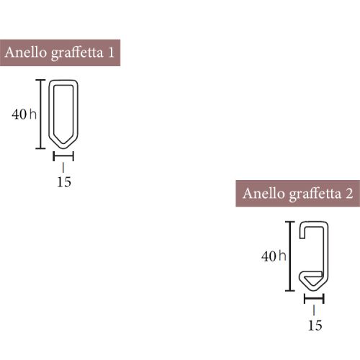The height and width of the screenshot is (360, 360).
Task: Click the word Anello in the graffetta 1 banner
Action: click(x=25, y=53)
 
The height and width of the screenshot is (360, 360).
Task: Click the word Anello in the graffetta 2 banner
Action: click(x=262, y=194)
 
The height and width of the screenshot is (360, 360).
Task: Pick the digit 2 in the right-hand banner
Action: click(x=348, y=194)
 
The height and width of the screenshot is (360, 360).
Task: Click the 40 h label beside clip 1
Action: click(x=24, y=114)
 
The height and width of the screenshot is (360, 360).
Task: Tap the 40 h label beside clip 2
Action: click(x=274, y=256)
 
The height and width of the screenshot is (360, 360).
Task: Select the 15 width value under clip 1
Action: click(x=63, y=181)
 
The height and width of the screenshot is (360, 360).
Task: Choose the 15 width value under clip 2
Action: click(x=315, y=325)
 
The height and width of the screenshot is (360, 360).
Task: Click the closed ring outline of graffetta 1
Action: click(x=50, y=108)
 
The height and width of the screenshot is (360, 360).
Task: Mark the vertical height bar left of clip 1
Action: click(x=40, y=114)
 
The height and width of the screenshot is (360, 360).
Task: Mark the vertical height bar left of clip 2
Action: click(x=290, y=256)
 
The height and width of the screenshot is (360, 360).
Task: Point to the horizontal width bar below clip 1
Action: click(x=63, y=154)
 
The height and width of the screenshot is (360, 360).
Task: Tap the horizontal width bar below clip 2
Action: click(x=314, y=297)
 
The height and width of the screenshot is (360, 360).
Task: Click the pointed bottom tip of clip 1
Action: click(x=63, y=144)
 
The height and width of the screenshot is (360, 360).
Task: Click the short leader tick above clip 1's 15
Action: click(x=63, y=166)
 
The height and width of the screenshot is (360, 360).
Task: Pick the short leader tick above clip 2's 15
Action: click(x=314, y=310)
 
